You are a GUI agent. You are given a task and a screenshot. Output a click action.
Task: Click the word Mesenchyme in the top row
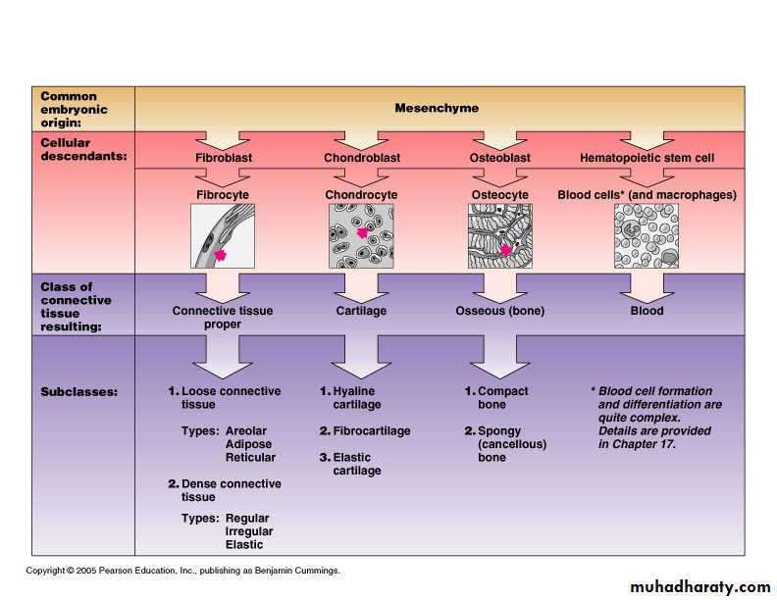coord(437,108)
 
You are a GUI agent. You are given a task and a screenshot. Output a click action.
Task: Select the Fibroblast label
coord(223,158)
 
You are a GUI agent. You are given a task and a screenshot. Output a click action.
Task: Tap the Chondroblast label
coord(361,158)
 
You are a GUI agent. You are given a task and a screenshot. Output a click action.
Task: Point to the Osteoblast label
coord(500,158)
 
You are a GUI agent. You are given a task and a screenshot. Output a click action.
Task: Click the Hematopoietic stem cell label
coord(647,158)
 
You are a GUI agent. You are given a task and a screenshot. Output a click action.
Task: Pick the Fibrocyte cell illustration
coord(223,236)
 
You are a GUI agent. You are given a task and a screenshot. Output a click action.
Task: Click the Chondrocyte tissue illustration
coord(361,236)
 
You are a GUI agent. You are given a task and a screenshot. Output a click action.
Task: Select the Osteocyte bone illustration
coord(500,236)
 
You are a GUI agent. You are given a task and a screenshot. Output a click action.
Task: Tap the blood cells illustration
coord(647,236)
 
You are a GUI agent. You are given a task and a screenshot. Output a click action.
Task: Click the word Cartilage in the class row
coord(361,311)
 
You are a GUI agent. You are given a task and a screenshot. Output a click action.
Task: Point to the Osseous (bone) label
coord(500,311)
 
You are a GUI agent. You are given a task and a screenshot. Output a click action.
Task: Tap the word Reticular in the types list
coord(251,458)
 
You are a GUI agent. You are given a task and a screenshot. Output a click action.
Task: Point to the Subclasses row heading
coord(78,391)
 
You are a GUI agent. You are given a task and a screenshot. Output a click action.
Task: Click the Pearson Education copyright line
coord(182,571)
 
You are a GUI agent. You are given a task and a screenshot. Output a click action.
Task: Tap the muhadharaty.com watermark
coord(695,586)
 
